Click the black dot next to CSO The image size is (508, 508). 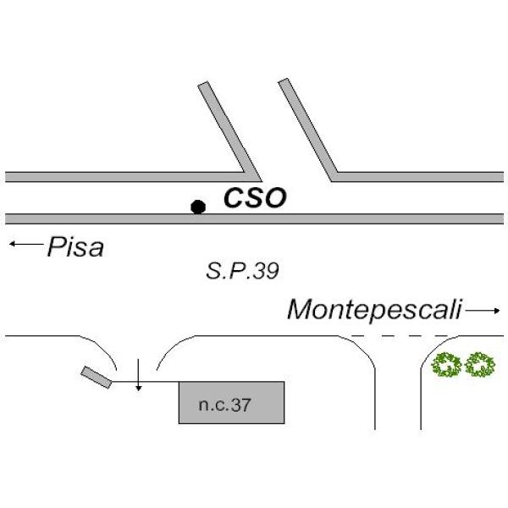198,206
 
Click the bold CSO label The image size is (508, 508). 254,198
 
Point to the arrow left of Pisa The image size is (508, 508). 25,245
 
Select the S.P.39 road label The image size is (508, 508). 242,272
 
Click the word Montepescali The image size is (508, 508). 374,310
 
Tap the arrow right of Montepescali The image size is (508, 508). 483,311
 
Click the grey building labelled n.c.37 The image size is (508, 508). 230,403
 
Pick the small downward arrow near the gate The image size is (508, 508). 139,378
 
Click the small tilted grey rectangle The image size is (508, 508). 97,378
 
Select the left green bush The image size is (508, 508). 446,366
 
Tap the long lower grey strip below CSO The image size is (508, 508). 254,218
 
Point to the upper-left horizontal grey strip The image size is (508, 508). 119,177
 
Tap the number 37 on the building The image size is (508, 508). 240,404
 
